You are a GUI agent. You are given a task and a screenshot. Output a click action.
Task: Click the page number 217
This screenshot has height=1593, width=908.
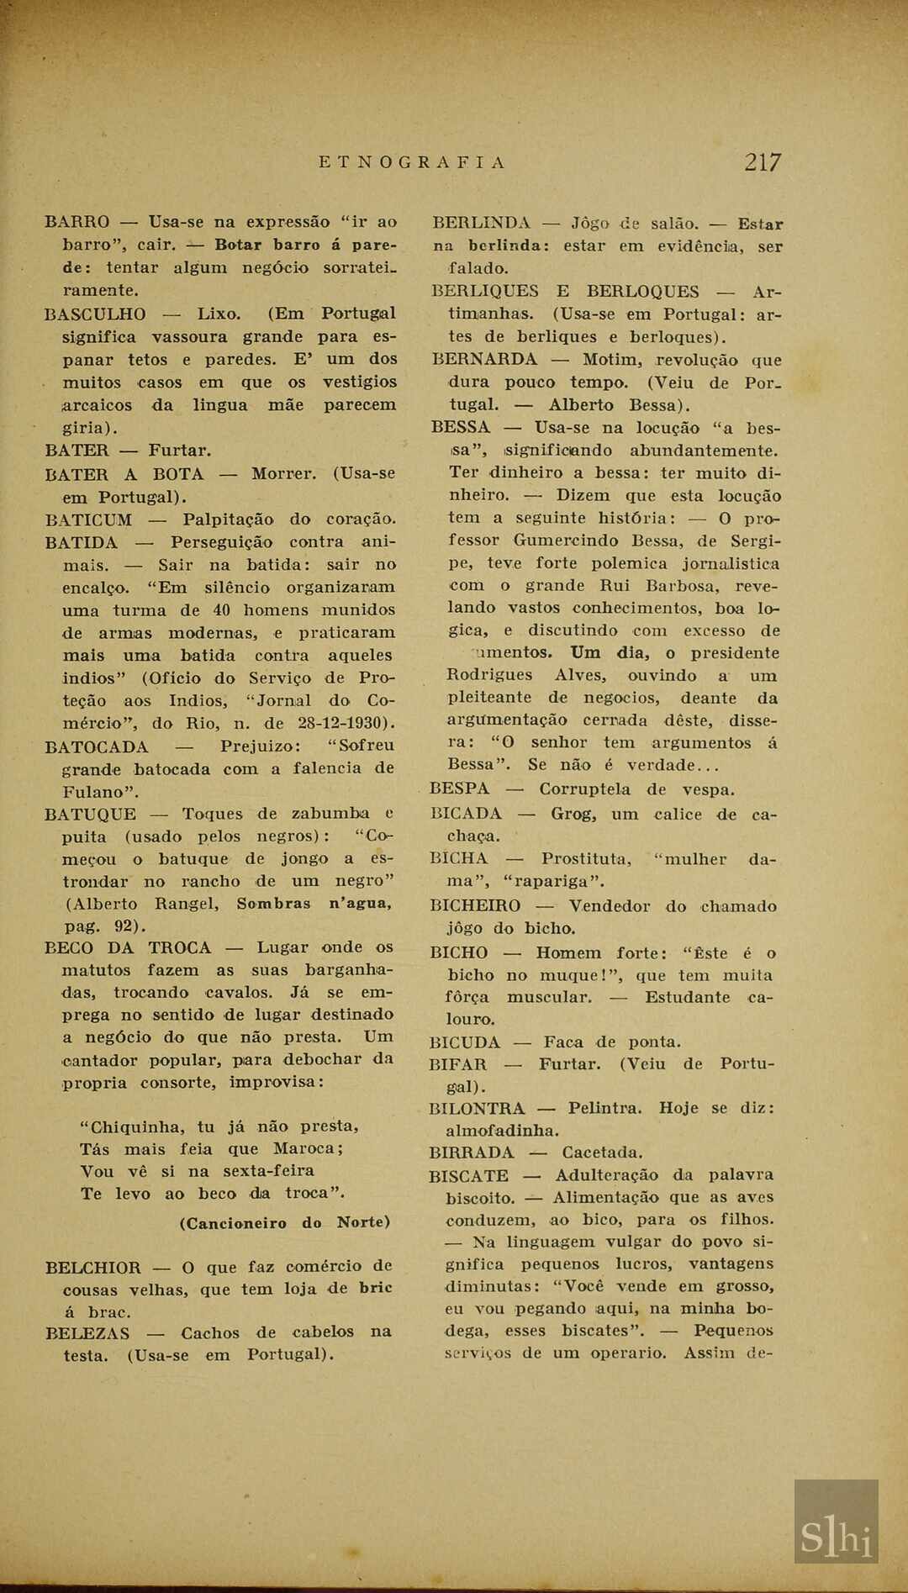click(x=762, y=162)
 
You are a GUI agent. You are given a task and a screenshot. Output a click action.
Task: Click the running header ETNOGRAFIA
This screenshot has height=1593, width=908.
click(x=412, y=162)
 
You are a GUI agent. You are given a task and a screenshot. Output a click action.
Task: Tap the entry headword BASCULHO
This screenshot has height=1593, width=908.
click(x=95, y=314)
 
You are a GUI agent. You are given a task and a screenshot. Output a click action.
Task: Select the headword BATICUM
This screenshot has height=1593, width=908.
click(x=88, y=520)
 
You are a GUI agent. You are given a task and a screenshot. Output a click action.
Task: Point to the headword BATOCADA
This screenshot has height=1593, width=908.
click(x=96, y=746)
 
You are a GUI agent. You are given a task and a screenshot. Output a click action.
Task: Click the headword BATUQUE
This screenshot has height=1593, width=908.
click(x=90, y=814)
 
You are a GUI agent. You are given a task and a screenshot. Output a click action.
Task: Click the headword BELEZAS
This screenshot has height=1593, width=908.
click(x=87, y=1333)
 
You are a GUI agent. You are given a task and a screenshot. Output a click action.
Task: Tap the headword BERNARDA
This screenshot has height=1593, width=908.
click(x=484, y=360)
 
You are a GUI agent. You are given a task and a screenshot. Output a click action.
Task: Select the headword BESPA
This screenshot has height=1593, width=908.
click(x=459, y=789)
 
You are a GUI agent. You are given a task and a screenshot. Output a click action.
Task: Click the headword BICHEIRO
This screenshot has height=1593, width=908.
click(x=474, y=906)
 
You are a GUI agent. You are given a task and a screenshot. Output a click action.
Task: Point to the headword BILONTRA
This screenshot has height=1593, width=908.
click(x=476, y=1108)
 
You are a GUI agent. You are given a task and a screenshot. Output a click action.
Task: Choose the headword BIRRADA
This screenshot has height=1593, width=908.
click(x=471, y=1153)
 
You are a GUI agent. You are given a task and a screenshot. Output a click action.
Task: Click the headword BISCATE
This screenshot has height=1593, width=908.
click(x=468, y=1175)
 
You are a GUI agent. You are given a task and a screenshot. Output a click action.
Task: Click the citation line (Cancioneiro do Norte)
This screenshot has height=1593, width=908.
click(x=284, y=1222)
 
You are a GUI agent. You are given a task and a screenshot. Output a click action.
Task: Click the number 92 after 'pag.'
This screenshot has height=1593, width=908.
click(x=130, y=926)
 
